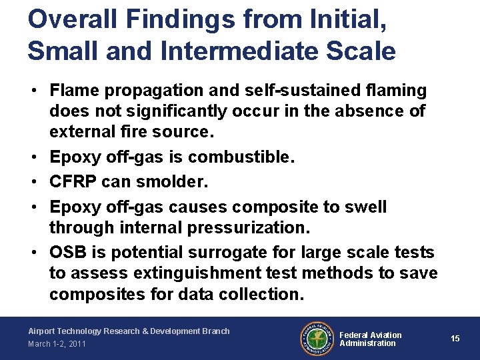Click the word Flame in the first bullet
[x=73, y=90]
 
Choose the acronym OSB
[x=67, y=253]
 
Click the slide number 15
[x=455, y=339]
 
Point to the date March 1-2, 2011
[x=56, y=344]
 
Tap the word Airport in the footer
[x=43, y=331]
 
